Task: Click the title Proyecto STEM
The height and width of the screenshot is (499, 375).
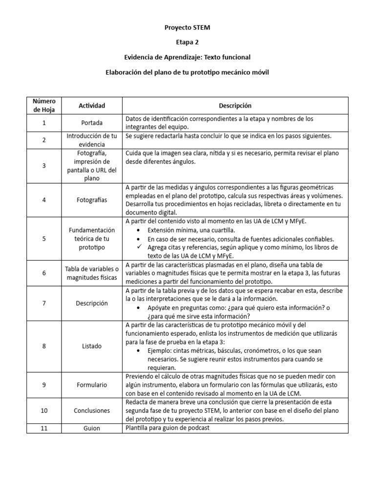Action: click(x=187, y=28)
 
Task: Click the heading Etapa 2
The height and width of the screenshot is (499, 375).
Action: click(x=187, y=43)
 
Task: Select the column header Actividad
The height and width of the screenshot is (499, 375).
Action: click(x=92, y=106)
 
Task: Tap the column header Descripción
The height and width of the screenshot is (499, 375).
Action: click(x=235, y=106)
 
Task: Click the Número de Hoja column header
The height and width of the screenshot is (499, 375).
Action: click(x=44, y=106)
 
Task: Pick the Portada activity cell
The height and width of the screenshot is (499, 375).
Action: click(x=92, y=123)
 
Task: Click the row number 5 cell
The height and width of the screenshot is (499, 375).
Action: click(x=44, y=239)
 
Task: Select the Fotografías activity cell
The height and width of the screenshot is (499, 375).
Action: click(x=92, y=200)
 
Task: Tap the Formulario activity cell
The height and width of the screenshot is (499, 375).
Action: click(x=92, y=384)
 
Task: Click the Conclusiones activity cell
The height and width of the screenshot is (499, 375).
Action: click(x=92, y=410)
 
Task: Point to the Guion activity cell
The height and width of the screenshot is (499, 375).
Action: click(x=92, y=428)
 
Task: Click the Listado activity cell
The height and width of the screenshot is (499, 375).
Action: click(x=92, y=346)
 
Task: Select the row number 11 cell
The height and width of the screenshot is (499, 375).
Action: click(x=44, y=428)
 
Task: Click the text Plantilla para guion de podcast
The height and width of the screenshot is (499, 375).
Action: click(x=167, y=428)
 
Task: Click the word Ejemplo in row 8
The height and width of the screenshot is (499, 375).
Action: click(x=160, y=351)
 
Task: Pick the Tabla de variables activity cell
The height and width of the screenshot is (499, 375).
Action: click(x=92, y=273)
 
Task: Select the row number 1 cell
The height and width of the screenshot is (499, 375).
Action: click(x=44, y=123)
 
